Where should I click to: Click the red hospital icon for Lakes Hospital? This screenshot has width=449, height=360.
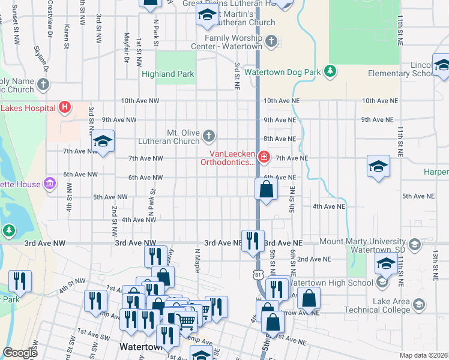tap(65, 108)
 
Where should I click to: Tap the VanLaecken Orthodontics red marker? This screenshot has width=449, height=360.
tap(264, 157)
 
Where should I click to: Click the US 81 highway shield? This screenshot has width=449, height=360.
tap(258, 274)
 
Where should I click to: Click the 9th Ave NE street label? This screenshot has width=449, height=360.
tap(280, 120)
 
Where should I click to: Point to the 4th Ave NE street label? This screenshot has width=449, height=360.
tap(329, 206)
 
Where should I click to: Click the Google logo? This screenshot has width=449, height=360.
tap(20, 353)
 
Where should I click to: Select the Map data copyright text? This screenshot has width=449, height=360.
tap(423, 355)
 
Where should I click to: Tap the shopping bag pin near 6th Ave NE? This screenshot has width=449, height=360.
tap(267, 190)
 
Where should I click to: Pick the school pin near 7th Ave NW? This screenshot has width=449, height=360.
tap(103, 142)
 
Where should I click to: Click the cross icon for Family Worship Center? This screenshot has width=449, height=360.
tap(272, 41)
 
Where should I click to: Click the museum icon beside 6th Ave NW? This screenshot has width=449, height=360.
tap(50, 183)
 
